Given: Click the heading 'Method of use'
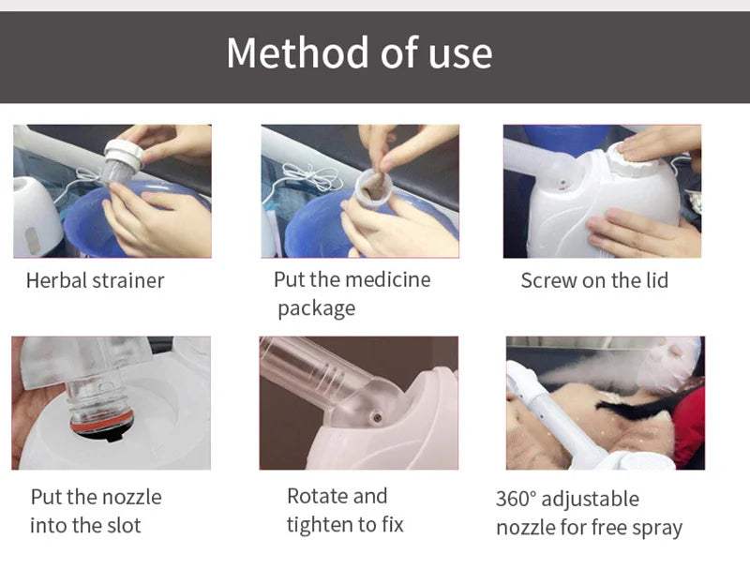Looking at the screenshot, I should coord(359,52).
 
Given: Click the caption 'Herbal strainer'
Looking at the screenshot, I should coord(95,280).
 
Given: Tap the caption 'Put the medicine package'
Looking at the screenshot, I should coord(352,293).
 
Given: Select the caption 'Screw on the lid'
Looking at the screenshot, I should coord(594,280).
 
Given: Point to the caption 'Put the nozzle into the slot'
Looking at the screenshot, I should coord(96,511).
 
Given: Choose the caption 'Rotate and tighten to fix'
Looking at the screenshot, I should coord(345,511).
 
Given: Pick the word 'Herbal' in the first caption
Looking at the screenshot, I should coord(58,280).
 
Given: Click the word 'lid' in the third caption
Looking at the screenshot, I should coord(654,280).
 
